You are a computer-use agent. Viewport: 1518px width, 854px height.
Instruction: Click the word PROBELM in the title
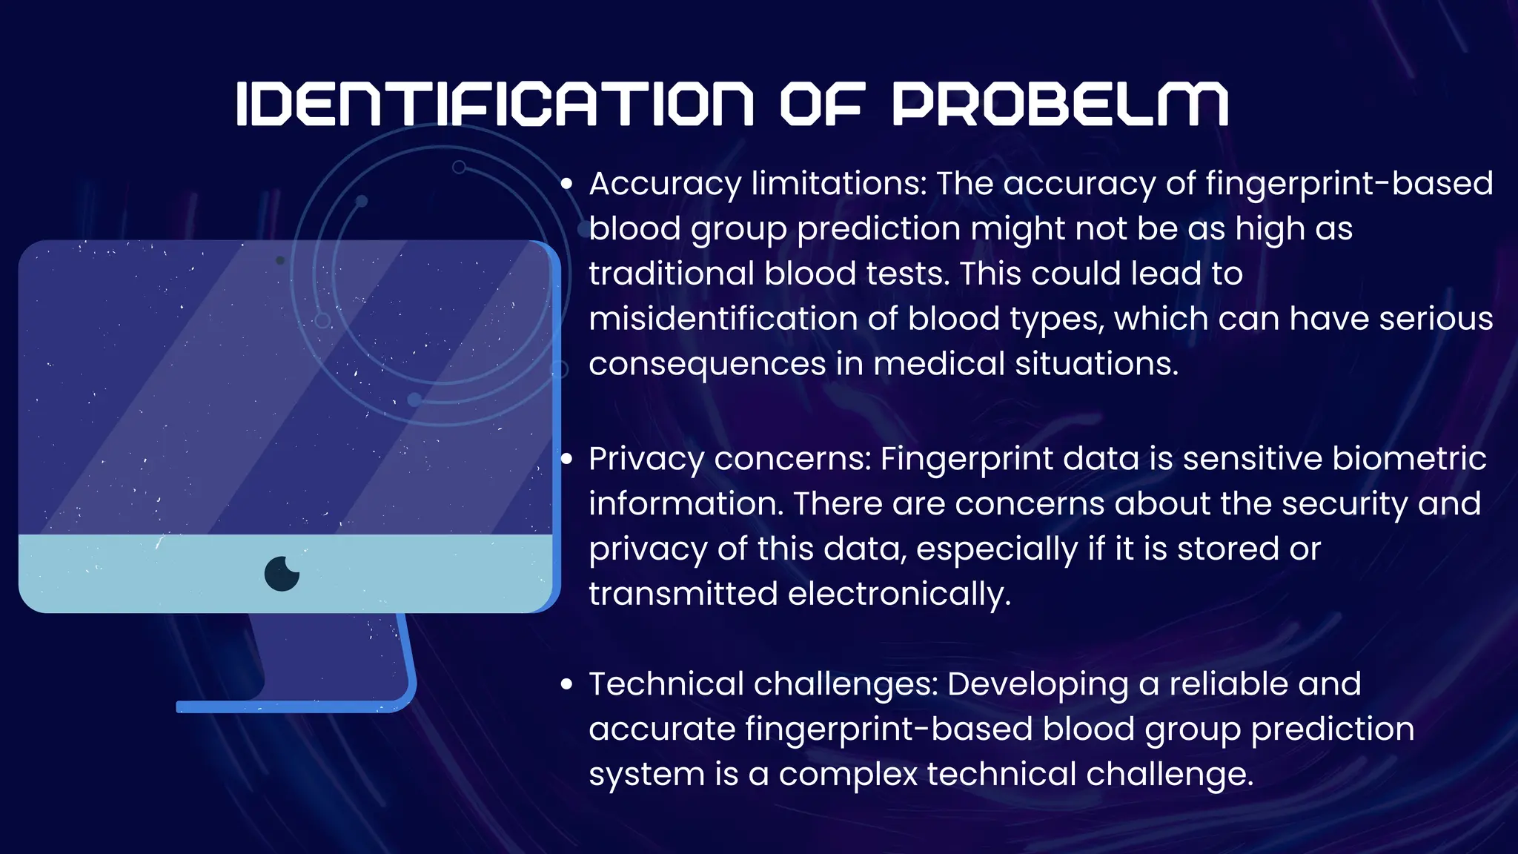click(x=1060, y=104)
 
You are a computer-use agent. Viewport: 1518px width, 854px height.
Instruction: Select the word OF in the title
click(x=822, y=104)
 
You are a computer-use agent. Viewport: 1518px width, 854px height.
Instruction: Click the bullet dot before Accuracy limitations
click(x=567, y=185)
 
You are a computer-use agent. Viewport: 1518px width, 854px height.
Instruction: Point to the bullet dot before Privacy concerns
click(x=567, y=460)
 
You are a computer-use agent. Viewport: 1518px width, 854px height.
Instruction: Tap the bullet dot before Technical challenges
click(x=567, y=685)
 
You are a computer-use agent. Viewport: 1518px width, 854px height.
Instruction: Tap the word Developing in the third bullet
click(x=1038, y=685)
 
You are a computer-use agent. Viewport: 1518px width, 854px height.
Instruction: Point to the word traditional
click(x=672, y=274)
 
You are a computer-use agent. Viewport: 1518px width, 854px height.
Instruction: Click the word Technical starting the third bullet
click(x=666, y=684)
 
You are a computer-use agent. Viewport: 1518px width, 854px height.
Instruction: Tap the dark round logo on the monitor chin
click(x=282, y=573)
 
